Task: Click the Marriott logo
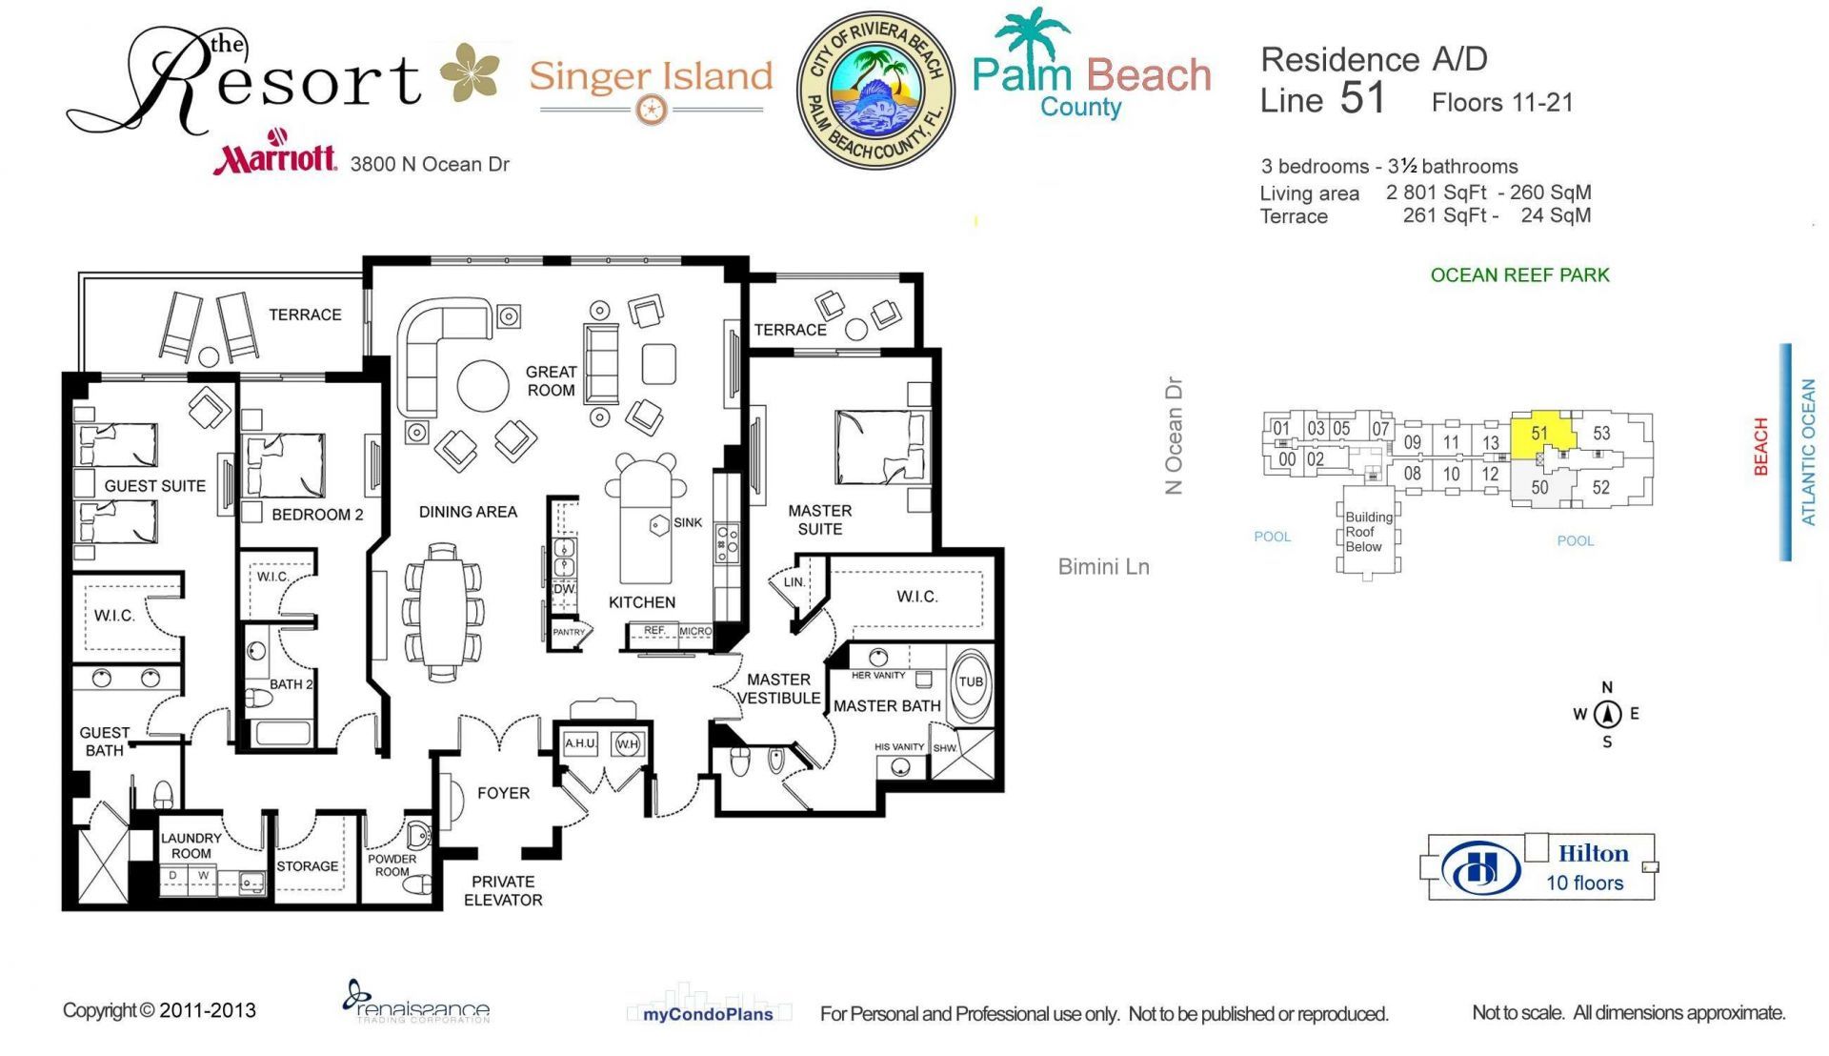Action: [274, 154]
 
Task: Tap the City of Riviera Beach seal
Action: [875, 91]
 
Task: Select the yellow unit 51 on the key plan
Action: [1539, 435]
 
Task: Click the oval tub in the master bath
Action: [971, 682]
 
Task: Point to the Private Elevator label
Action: [503, 890]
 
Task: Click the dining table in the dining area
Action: [443, 613]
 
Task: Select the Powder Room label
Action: [392, 864]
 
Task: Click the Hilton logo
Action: [1480, 868]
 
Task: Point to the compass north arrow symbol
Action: [1608, 713]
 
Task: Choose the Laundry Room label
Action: [191, 845]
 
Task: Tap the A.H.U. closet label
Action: [580, 743]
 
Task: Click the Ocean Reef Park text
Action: [1519, 275]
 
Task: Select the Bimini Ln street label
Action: [1103, 567]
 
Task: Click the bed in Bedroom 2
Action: [286, 465]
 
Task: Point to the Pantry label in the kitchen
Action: [569, 632]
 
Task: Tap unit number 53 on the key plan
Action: [1601, 434]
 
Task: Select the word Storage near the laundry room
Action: [307, 866]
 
